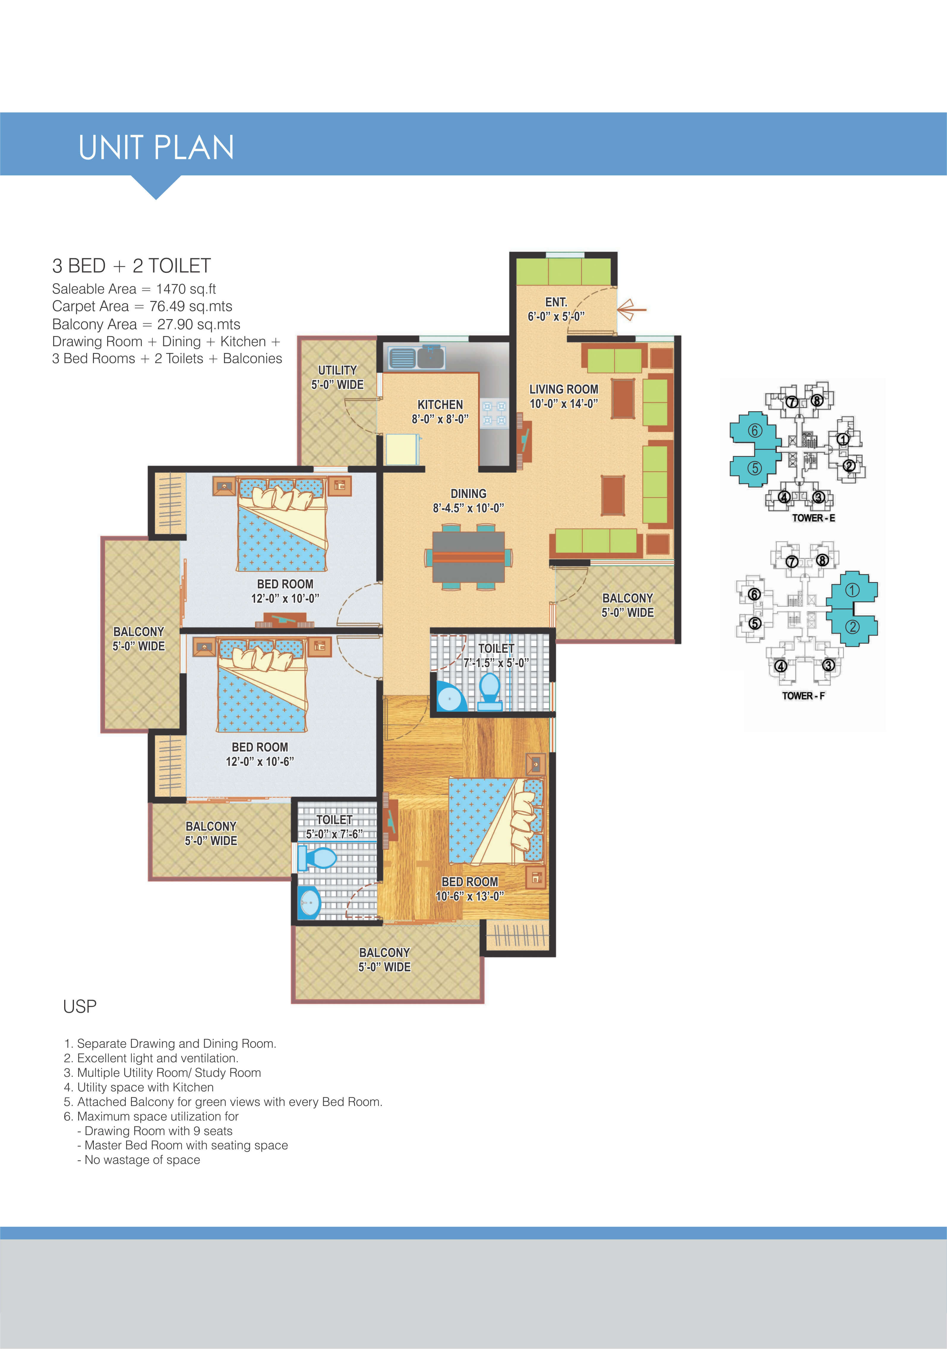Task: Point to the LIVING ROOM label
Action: pyautogui.click(x=564, y=389)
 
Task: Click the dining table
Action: pyautogui.click(x=468, y=557)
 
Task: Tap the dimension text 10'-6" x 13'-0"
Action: pyautogui.click(x=469, y=896)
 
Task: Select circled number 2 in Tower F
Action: pyautogui.click(x=852, y=627)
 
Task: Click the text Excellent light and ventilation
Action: pyautogui.click(x=157, y=1058)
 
